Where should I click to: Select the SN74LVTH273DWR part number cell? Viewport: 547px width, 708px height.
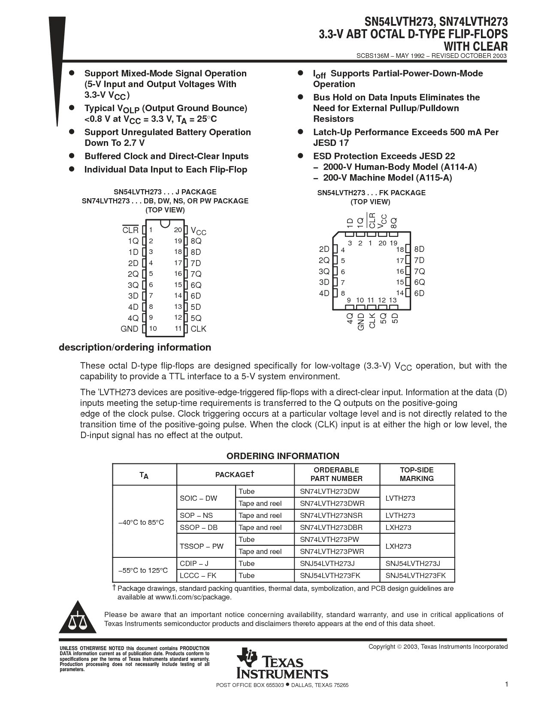coord(332,503)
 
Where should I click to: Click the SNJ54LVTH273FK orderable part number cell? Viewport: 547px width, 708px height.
coord(330,575)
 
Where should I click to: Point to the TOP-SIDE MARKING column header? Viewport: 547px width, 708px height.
coord(417,474)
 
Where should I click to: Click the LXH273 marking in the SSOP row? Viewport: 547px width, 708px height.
coord(398,527)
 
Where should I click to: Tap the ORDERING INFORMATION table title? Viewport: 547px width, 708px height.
coord(283,456)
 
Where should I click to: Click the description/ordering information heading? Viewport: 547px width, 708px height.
coord(135,347)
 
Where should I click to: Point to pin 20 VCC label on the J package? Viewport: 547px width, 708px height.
coord(198,231)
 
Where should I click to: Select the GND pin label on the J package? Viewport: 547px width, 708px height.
coord(129,329)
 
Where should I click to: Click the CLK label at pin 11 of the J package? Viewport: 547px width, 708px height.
coord(199,329)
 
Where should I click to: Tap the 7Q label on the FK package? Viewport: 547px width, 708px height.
coord(419,272)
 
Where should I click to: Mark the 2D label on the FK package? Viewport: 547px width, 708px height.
coord(324,249)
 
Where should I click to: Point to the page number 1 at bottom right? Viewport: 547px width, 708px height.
coord(506,684)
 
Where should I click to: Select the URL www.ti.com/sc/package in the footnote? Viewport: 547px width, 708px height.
coord(193,597)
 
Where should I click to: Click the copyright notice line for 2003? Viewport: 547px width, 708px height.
coord(438,647)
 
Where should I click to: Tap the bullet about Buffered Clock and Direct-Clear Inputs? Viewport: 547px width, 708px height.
coord(166,156)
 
